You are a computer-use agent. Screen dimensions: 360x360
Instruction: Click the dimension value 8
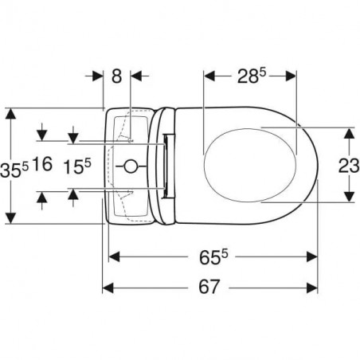pos(116,76)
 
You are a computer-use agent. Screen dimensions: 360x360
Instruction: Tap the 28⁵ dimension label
pos(252,76)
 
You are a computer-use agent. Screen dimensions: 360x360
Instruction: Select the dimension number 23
pos(349,166)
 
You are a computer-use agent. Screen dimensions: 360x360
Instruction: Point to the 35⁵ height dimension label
pos(14,170)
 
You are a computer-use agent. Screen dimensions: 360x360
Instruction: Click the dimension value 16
pos(42,164)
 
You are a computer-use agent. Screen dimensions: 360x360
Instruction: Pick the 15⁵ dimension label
pos(77,166)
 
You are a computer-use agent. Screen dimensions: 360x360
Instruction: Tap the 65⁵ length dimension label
pos(213,257)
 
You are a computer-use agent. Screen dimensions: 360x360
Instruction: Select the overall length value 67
pos(209,287)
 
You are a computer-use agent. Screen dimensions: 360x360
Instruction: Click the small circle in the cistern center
pos(131,166)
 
